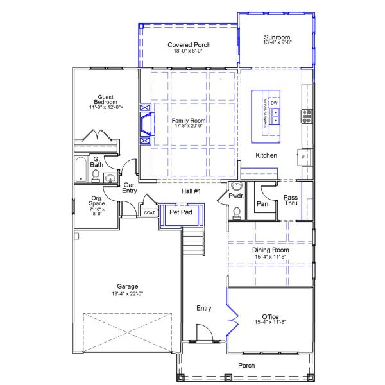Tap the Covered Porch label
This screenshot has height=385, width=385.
coord(189,45)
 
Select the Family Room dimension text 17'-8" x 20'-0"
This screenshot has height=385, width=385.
coord(188,126)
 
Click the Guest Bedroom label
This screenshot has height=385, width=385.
coord(105,99)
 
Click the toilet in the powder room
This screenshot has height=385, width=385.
coord(237,212)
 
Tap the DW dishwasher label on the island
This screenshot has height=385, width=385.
coord(274,103)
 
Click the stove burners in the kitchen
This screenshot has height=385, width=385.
coord(307,116)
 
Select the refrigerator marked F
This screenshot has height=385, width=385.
coord(304,157)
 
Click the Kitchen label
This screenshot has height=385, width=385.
coord(266,155)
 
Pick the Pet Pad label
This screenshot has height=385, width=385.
coord(181,212)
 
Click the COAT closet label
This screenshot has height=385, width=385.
coord(149,212)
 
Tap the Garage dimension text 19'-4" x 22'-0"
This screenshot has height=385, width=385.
coord(128,294)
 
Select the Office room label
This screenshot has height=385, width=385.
coord(270,317)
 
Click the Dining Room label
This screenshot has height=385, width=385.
coord(269,250)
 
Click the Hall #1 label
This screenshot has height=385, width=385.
coord(191,191)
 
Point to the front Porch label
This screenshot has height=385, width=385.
coord(246,366)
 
